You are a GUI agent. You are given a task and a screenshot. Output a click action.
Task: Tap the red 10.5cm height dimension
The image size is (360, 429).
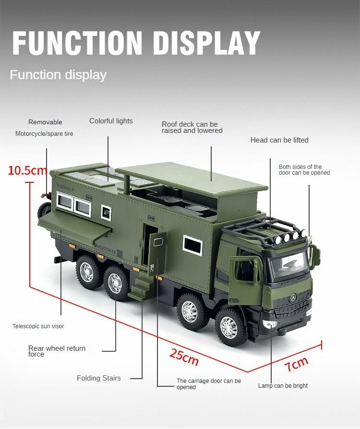[x=27, y=170]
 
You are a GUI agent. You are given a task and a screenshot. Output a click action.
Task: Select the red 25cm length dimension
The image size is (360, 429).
[x=184, y=357]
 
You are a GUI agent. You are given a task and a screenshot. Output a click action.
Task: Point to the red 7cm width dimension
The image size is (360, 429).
[x=297, y=364]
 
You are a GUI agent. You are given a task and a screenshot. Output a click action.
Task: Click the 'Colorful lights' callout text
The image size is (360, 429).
[x=111, y=121]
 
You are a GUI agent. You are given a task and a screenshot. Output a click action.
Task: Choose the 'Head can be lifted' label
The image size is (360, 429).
[x=279, y=140]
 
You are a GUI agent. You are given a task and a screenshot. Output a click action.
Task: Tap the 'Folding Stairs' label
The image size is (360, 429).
[x=98, y=378]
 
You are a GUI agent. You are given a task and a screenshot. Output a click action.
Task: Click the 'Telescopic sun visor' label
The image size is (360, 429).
[x=38, y=326]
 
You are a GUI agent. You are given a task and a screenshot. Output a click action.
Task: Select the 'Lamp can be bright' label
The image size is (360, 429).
[x=283, y=385]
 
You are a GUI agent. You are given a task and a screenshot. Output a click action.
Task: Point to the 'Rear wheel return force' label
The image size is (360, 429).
[x=57, y=351]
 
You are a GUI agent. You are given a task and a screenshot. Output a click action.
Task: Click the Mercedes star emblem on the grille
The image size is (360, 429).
[x=293, y=298]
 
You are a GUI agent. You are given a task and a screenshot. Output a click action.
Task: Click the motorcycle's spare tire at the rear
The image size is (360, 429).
[x=44, y=210]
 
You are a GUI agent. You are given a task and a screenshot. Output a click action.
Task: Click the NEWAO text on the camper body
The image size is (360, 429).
[x=65, y=188]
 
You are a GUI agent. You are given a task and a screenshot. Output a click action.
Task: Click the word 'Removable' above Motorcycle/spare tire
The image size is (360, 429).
[x=45, y=122]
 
